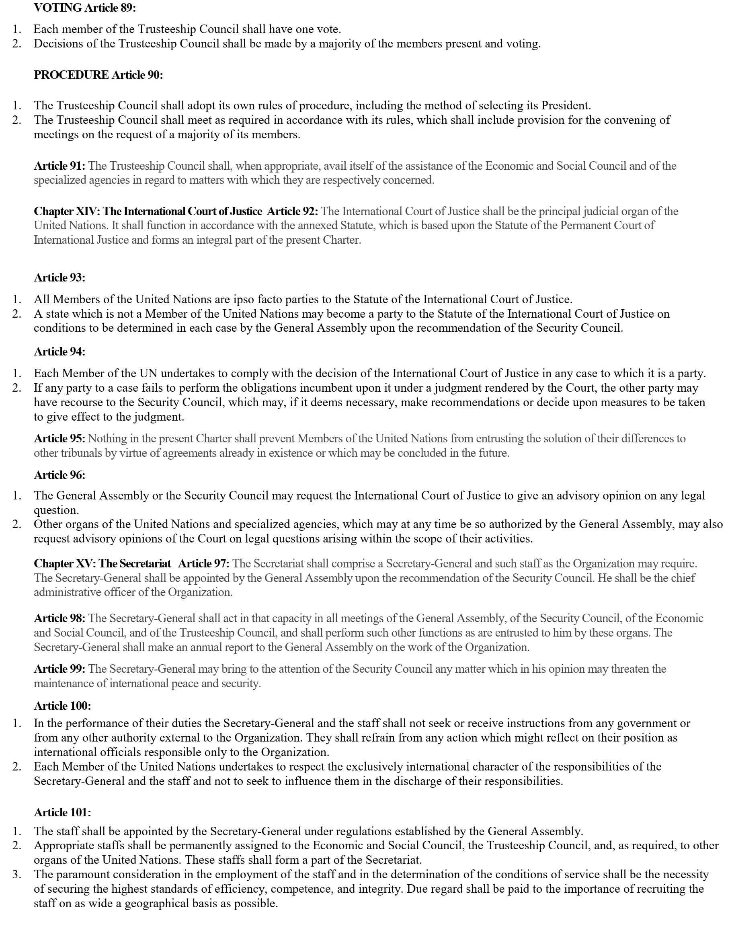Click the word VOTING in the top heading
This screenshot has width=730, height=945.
tap(58, 8)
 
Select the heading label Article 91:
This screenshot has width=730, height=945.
tap(59, 166)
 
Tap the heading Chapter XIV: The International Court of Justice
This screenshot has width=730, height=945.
tap(148, 211)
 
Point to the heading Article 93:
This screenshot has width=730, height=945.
tap(59, 277)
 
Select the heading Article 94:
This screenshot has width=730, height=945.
tap(59, 351)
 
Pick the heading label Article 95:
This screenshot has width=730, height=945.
tap(59, 439)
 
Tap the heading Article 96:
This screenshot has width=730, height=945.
tap(59, 475)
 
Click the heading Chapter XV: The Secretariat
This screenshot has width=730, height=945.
tap(103, 564)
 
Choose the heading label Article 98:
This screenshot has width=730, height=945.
tap(59, 618)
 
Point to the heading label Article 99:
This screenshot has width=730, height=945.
tap(59, 669)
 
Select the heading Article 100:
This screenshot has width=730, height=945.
tap(62, 706)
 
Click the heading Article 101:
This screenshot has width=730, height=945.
tap(62, 812)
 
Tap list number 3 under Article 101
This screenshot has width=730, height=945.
tap(16, 875)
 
